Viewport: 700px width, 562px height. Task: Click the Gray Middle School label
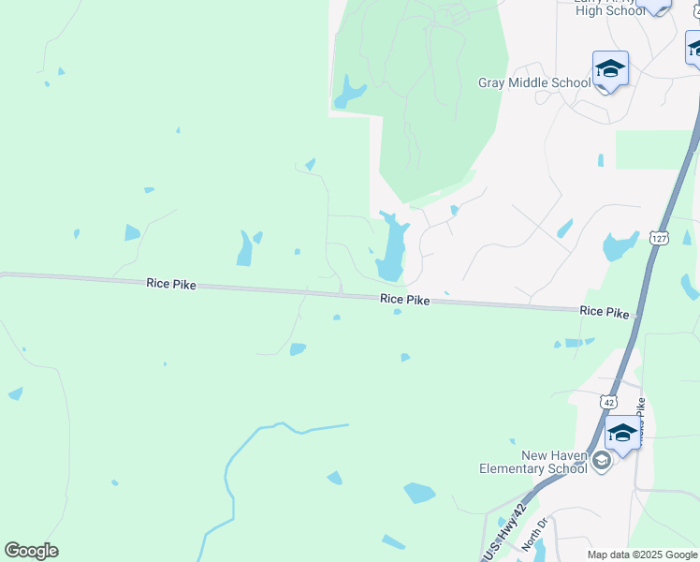point(534,82)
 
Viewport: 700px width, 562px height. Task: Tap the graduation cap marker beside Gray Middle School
point(610,69)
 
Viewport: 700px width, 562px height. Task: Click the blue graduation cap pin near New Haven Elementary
point(622,435)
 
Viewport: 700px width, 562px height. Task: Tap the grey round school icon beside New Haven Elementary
point(601,460)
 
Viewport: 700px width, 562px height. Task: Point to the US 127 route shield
point(659,239)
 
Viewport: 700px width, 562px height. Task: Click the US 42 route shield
point(608,401)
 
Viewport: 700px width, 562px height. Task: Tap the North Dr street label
point(532,537)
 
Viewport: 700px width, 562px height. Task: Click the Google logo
point(31,551)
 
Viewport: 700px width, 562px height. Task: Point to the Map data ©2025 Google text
point(643,555)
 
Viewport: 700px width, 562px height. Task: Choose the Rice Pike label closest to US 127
point(605,311)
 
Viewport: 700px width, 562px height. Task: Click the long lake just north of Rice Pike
point(391,248)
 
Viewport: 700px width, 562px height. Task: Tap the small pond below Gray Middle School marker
point(600,160)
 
